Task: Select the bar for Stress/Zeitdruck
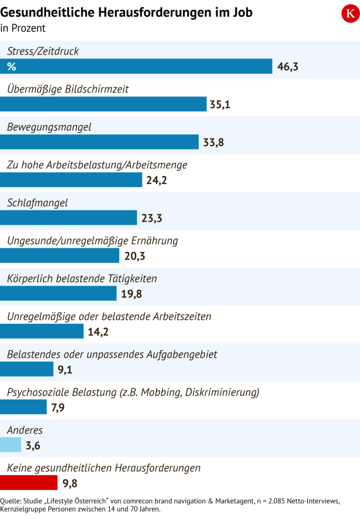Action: (136, 67)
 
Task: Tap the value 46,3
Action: (288, 67)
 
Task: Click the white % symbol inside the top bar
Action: (11, 67)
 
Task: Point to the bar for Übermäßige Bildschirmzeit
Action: (103, 104)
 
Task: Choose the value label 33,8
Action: (213, 142)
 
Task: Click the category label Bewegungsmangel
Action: (49, 127)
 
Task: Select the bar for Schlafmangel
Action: (68, 218)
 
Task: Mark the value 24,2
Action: (157, 180)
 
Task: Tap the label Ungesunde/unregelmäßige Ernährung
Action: (92, 241)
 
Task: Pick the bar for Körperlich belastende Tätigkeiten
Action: (58, 293)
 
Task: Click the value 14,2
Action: (98, 331)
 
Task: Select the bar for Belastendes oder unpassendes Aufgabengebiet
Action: (27, 369)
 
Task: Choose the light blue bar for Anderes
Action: (11, 445)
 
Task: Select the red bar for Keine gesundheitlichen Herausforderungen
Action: (29, 483)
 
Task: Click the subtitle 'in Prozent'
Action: (23, 27)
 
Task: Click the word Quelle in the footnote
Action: (11, 501)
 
